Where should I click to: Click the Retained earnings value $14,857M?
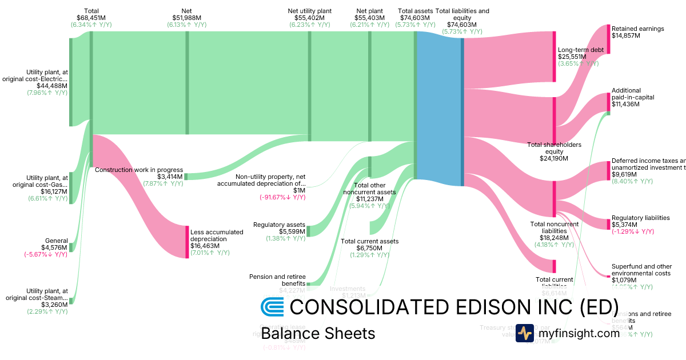[x=625, y=35]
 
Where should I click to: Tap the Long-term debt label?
[x=580, y=50]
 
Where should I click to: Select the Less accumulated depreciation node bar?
[x=187, y=242]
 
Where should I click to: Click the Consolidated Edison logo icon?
[x=272, y=307]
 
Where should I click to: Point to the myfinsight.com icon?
[x=524, y=333]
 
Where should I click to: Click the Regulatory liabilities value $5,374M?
[x=627, y=225]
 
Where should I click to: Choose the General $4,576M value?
[x=56, y=247]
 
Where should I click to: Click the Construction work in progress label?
[x=139, y=170]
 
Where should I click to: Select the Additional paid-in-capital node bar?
[x=608, y=102]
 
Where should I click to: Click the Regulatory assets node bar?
[x=308, y=231]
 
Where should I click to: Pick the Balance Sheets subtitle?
[x=318, y=334]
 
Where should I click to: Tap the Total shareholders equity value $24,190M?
[x=553, y=158]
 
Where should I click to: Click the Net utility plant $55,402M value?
[x=309, y=18]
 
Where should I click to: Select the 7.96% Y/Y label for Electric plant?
[x=47, y=93]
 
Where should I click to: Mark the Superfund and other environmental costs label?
[x=641, y=270]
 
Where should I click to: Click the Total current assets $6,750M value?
[x=369, y=248]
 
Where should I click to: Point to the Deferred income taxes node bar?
[x=608, y=171]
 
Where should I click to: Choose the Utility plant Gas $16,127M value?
[x=49, y=192]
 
